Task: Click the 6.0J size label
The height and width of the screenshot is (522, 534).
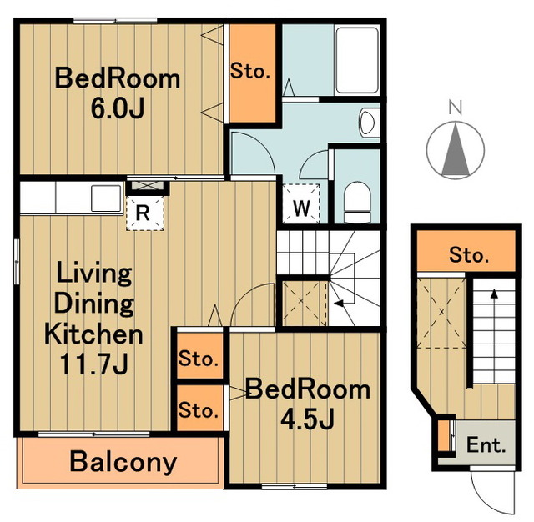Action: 118,108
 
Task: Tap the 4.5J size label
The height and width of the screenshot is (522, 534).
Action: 307,419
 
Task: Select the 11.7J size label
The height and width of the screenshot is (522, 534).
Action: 94,364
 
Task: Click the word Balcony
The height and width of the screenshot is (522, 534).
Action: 123,463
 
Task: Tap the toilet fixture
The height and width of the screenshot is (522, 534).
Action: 357,202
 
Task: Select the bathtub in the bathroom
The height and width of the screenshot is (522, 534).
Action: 357,61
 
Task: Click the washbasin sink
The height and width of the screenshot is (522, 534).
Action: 368,123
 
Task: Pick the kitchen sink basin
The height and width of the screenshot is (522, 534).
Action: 106,198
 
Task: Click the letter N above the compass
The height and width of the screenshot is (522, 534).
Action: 456,108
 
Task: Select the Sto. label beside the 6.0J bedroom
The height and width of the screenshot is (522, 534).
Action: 250,72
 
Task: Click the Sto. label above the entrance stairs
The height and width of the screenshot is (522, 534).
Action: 469,255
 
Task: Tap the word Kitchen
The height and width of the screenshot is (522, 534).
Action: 93,334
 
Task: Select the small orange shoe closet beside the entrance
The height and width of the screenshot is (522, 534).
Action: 442,436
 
